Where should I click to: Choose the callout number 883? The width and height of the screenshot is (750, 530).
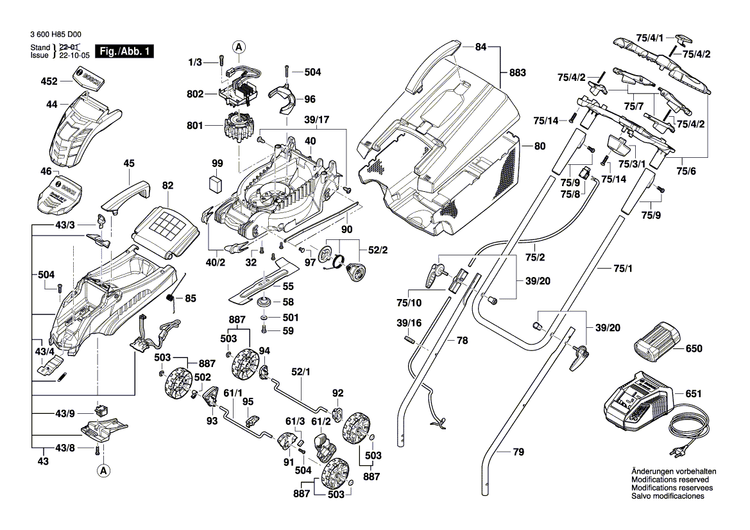click(517, 73)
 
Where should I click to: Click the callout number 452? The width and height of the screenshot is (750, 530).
click(49, 82)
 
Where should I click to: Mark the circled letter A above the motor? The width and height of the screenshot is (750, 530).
click(239, 46)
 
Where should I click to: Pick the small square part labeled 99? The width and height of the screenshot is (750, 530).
click(216, 183)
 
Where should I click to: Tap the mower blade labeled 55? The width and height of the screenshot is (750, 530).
click(262, 287)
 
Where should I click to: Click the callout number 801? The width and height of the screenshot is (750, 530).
click(194, 126)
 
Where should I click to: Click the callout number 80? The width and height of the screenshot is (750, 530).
click(541, 147)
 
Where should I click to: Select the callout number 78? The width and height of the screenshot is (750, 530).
click(462, 341)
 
